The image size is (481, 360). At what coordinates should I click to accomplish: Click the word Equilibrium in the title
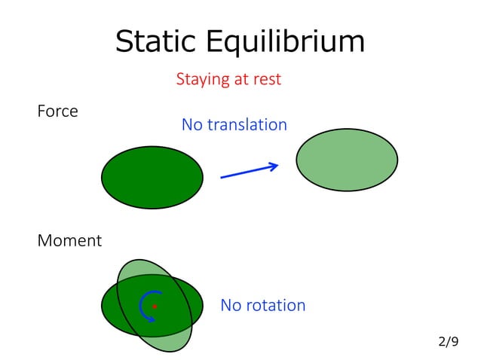[x=288, y=41]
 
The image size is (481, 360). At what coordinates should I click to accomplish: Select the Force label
[x=57, y=111]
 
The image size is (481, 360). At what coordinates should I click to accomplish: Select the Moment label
[x=69, y=241]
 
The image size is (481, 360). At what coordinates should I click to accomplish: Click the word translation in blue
[x=247, y=125]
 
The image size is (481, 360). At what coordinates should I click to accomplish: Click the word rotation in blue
[x=274, y=306]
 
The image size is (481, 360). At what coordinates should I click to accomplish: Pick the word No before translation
[x=191, y=125]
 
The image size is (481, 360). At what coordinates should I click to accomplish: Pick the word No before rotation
[x=231, y=306]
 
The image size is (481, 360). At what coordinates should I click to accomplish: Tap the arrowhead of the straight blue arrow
[x=274, y=166]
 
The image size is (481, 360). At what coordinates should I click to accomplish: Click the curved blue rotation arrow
[x=146, y=306]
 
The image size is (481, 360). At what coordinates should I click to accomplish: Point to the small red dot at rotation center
[x=155, y=307]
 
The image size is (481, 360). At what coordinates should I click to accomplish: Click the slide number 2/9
[x=448, y=342]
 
